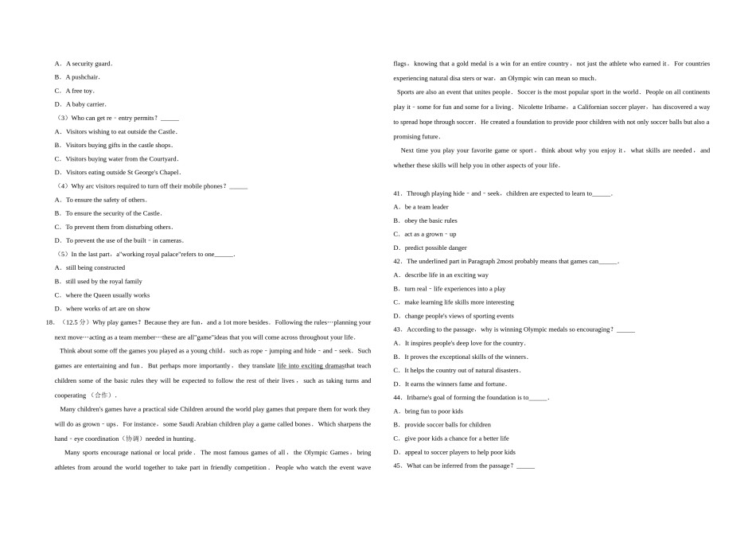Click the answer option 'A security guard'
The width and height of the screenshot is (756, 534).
click(88, 64)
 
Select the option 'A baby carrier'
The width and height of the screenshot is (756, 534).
click(85, 104)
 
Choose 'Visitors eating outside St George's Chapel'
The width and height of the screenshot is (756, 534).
click(123, 172)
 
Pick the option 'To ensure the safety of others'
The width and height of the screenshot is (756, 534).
click(106, 200)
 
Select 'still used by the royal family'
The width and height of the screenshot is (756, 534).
click(103, 281)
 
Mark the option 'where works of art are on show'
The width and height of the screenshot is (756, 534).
click(107, 308)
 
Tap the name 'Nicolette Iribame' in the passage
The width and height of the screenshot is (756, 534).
click(544, 107)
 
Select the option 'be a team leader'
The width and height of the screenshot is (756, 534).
click(427, 207)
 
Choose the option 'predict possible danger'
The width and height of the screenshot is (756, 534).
click(435, 248)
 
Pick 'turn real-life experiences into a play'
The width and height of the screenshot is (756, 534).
click(454, 289)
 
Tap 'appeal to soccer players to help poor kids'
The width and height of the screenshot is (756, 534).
click(459, 452)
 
